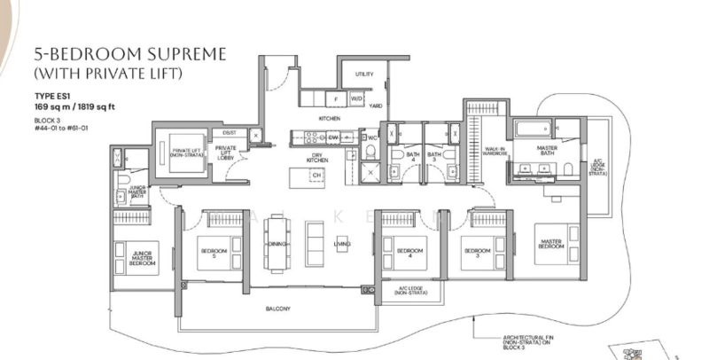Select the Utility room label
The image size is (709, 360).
(x=363, y=74)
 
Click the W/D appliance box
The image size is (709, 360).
(x=356, y=98)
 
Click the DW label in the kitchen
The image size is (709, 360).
(x=334, y=138)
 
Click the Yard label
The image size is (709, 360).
(x=376, y=106)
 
